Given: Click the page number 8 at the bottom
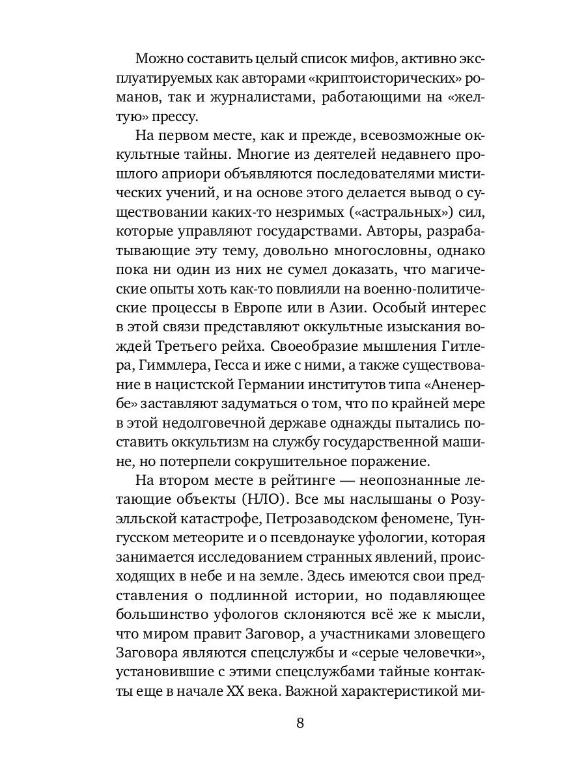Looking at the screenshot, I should click(x=300, y=724).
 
